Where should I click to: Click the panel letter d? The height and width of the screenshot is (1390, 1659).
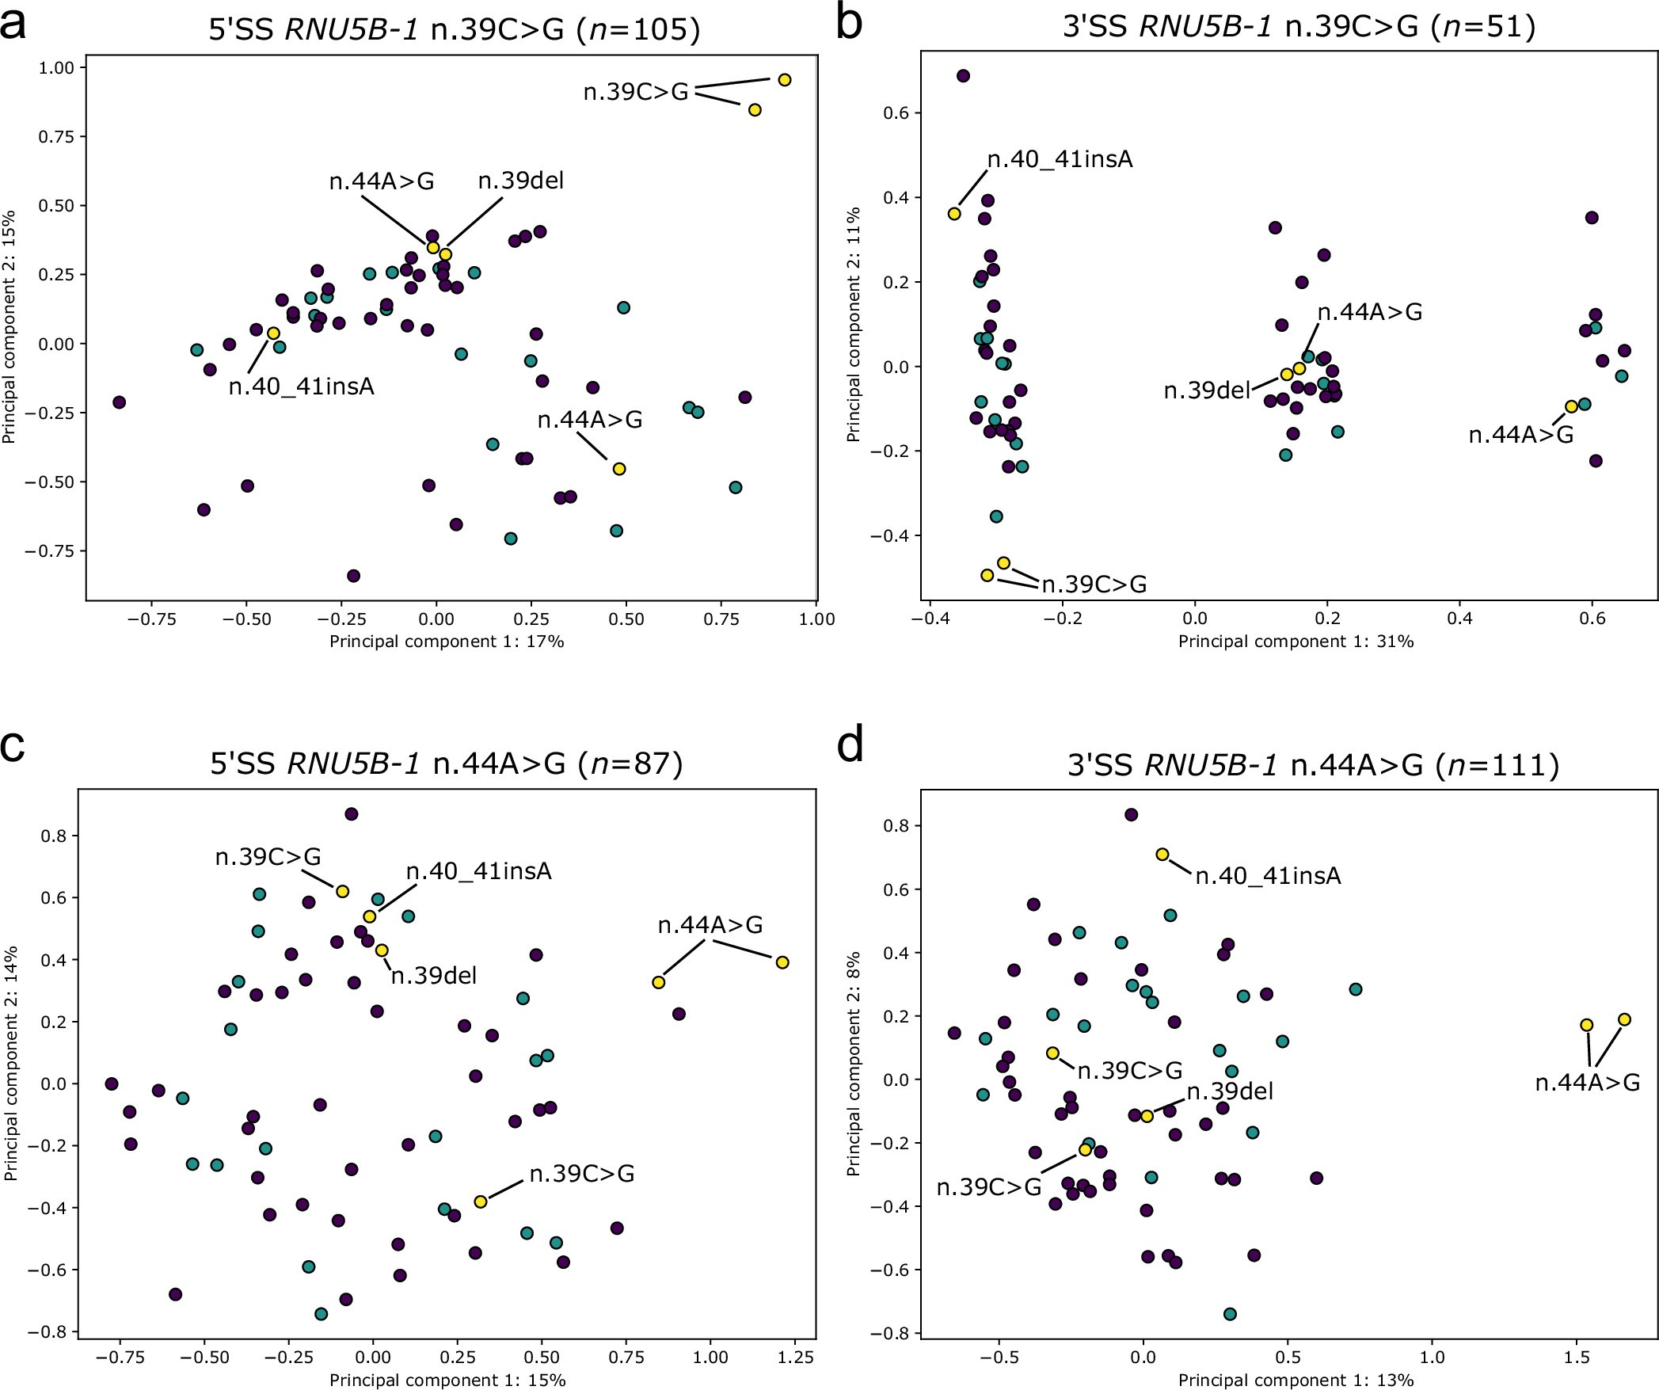[x=850, y=747]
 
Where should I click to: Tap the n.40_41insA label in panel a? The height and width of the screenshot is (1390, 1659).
[x=301, y=387]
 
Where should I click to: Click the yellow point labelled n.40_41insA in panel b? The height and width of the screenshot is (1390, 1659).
[x=954, y=214]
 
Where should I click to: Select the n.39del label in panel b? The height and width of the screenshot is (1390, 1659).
[x=1206, y=391]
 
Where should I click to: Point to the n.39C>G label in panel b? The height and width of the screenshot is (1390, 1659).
[x=1094, y=585]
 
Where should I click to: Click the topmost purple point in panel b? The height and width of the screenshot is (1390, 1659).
[x=963, y=76]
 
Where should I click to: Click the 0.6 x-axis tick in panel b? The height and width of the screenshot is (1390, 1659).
[x=1592, y=619]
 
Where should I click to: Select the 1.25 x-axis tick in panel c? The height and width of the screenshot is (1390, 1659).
[x=795, y=1358]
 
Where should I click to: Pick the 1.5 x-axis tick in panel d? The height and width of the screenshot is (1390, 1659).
[x=1576, y=1358]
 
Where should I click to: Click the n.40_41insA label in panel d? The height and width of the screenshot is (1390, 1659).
[x=1268, y=877]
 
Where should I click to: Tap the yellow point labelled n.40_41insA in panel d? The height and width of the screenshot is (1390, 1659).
[x=1162, y=855]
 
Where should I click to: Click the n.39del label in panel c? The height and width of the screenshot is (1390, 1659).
[x=434, y=976]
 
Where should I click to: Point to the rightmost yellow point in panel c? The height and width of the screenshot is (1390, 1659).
[x=782, y=962]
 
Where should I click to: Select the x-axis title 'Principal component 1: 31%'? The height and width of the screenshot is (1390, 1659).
[x=1296, y=642]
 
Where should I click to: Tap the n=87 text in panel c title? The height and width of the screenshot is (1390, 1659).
[x=630, y=764]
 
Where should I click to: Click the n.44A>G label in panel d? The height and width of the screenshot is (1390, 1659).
[x=1587, y=1083]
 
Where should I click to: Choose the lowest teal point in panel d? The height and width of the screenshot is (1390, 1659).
[x=1230, y=1314]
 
